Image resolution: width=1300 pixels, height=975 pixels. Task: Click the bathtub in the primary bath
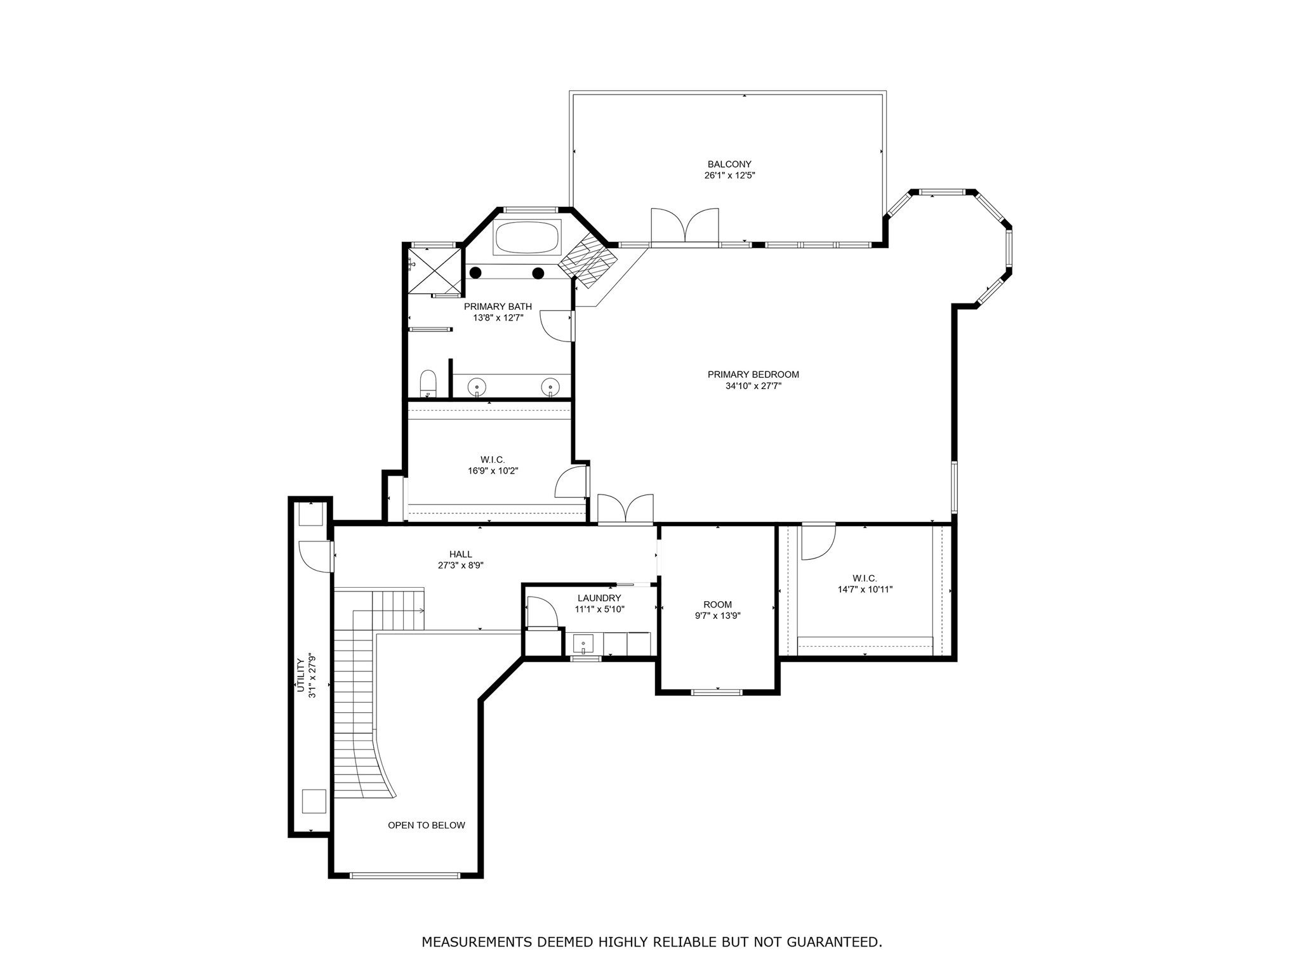coord(527,237)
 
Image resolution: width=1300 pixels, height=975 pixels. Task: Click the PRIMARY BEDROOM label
coord(753,375)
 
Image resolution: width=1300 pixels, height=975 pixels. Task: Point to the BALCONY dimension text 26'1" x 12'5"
coord(729,176)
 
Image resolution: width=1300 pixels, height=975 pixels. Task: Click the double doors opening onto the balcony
coord(685,226)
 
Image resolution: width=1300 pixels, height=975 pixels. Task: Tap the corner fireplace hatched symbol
coord(588,260)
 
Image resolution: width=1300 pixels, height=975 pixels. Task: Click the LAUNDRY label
coord(599,598)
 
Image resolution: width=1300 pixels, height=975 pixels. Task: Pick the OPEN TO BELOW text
coord(427,825)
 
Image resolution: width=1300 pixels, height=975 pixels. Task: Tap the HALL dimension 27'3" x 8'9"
coord(461,566)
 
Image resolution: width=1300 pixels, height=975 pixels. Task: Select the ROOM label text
coord(717,605)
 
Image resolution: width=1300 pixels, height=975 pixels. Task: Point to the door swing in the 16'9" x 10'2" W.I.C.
coord(571,482)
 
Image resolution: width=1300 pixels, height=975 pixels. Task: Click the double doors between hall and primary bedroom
coord(626,508)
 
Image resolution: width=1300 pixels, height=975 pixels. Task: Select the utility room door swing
coord(315,557)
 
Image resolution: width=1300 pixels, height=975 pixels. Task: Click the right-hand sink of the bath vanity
coord(550,386)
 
